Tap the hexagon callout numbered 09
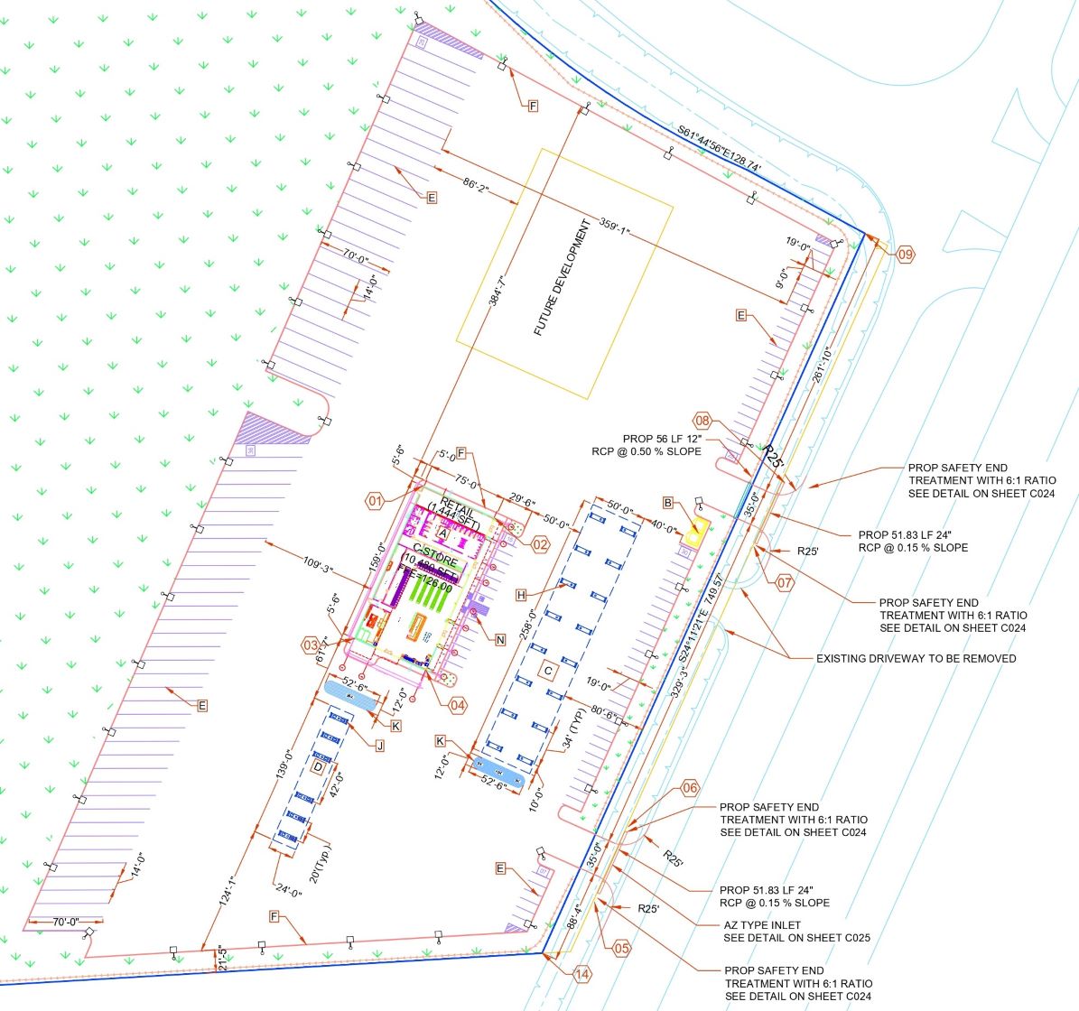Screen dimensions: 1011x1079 coord(906,255)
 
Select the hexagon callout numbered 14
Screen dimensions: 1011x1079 coord(581,974)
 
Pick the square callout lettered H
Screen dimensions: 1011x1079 coord(521,595)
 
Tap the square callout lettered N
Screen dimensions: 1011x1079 coord(500,639)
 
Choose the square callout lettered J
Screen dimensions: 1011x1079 coord(379,746)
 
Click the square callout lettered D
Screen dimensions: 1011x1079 coord(317,767)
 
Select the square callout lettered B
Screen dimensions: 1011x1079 coord(668,503)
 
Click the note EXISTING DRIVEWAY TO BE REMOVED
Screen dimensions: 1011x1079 coord(916,658)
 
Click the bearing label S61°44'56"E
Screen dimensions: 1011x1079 coord(720,149)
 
